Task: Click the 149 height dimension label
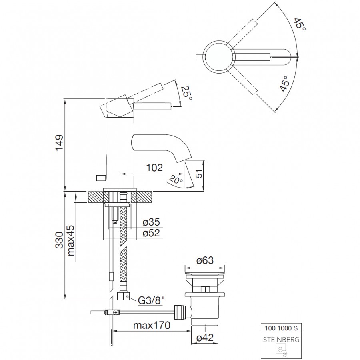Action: click(x=59, y=142)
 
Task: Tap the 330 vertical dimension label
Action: click(x=59, y=240)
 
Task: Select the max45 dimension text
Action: click(x=71, y=241)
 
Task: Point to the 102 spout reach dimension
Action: click(x=154, y=168)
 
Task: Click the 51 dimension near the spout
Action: click(x=200, y=174)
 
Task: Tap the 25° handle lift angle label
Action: click(x=186, y=93)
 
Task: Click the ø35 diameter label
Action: click(x=151, y=222)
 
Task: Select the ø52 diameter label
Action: click(x=151, y=233)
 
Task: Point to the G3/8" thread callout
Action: click(x=152, y=300)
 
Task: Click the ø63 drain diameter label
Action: click(x=205, y=260)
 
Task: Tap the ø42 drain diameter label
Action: click(x=205, y=338)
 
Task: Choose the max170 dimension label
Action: click(x=152, y=325)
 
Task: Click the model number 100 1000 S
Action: click(x=281, y=328)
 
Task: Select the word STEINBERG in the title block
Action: click(x=281, y=340)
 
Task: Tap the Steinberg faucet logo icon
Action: click(x=282, y=350)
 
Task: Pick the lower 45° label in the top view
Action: click(x=284, y=84)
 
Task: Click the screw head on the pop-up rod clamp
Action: click(x=117, y=312)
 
